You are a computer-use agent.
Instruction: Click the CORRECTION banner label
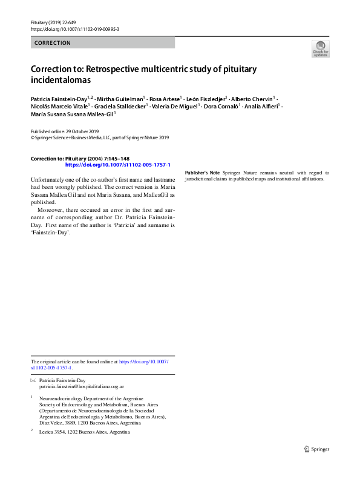click(x=53, y=43)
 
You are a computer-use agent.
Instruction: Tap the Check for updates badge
click(x=320, y=49)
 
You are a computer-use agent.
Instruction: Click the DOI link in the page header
click(x=74, y=29)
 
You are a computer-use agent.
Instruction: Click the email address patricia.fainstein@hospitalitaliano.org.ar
click(x=82, y=386)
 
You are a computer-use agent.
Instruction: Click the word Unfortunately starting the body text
click(x=50, y=181)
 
